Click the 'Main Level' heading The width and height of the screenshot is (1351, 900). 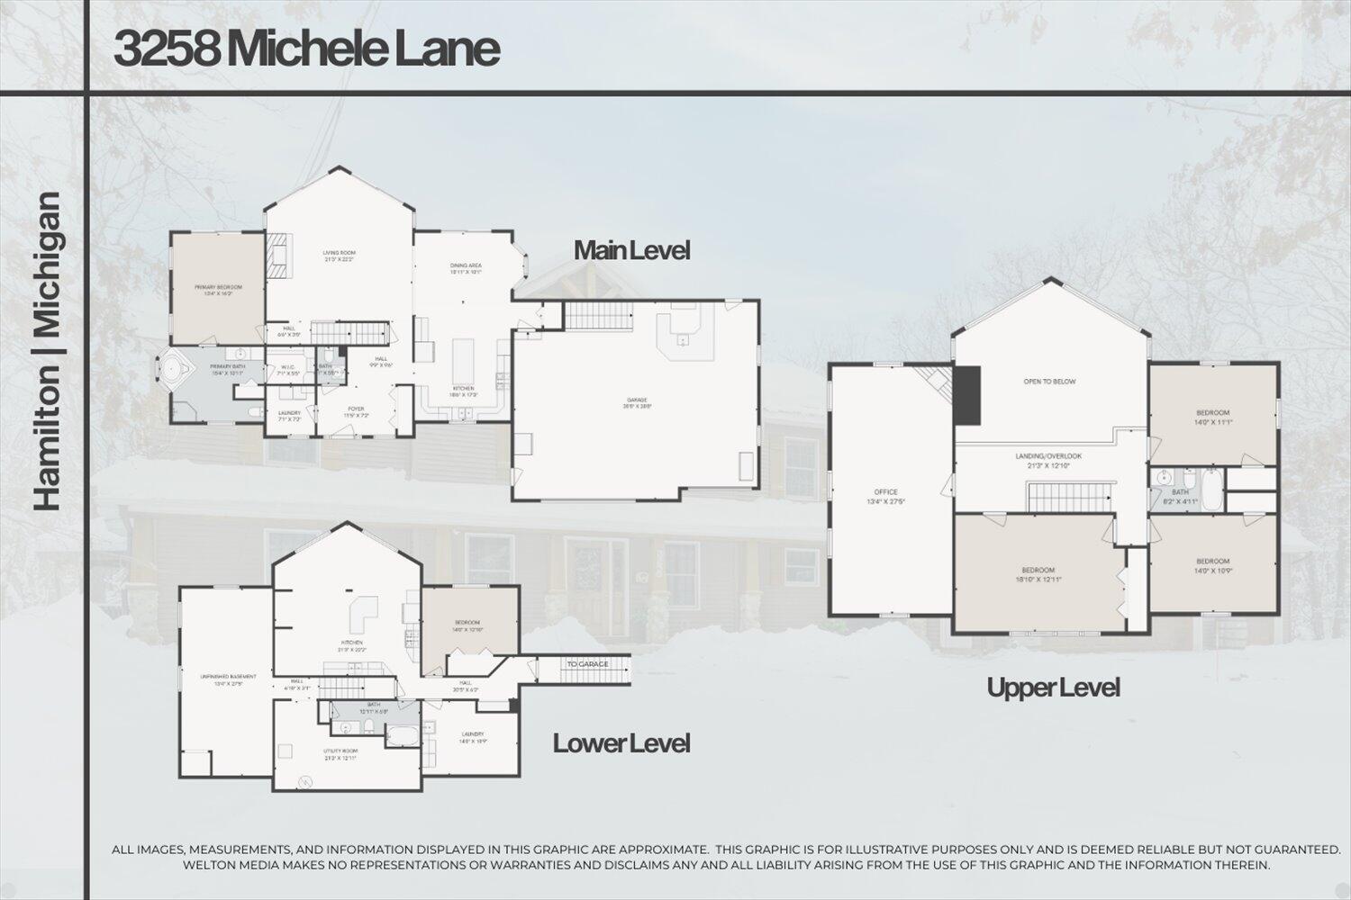tap(631, 250)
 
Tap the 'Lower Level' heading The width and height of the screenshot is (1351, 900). tap(621, 743)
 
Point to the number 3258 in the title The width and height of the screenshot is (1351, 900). tap(167, 49)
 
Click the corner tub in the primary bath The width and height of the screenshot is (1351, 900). tap(170, 369)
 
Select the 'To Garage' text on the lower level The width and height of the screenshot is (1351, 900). tap(586, 664)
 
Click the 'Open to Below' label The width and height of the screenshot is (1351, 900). tap(1049, 382)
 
